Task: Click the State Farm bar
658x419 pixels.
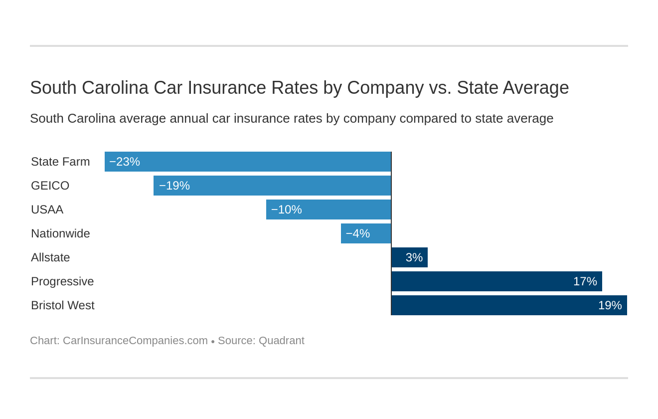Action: (248, 162)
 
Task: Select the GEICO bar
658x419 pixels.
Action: (272, 186)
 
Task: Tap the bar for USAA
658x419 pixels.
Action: (329, 209)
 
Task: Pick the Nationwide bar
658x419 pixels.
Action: (366, 233)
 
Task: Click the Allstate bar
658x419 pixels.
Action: (409, 257)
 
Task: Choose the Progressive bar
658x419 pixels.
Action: (496, 281)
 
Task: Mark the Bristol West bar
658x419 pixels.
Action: (509, 305)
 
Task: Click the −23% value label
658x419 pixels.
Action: (125, 162)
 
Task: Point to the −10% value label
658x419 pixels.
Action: (287, 209)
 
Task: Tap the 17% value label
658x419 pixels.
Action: (585, 281)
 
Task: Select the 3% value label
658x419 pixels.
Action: (414, 257)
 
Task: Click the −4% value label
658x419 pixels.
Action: (357, 233)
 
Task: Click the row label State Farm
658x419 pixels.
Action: (60, 162)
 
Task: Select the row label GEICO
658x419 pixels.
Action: (50, 186)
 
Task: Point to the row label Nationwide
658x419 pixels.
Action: (60, 233)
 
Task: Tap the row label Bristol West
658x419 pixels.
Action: (62, 305)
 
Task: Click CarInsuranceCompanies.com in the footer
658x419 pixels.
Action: (135, 341)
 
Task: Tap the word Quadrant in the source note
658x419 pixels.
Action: (281, 341)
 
